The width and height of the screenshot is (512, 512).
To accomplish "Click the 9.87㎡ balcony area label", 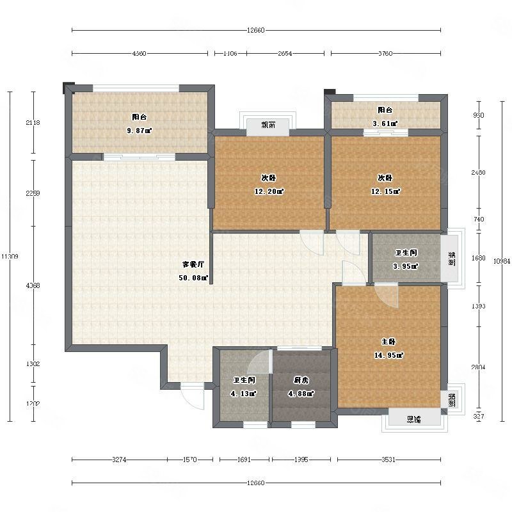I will [x=140, y=131].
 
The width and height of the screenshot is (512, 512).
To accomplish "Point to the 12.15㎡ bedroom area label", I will [x=388, y=191].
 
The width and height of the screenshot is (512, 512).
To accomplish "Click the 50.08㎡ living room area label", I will [x=194, y=278].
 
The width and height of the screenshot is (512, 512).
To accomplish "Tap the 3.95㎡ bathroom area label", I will [x=406, y=266].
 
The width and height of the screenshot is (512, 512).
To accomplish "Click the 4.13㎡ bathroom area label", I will [x=244, y=394].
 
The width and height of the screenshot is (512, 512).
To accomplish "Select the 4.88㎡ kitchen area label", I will [x=301, y=394].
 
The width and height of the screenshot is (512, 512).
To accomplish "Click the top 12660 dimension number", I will [x=255, y=30].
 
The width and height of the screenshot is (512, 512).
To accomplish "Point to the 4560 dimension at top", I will [x=140, y=53].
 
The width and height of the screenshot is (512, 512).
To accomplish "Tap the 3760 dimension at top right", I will [x=385, y=53].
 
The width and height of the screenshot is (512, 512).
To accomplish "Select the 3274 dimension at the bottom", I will [x=120, y=460].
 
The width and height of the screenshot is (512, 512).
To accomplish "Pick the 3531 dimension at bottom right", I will [x=388, y=460].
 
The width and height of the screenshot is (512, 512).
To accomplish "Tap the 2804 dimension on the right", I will [x=478, y=367].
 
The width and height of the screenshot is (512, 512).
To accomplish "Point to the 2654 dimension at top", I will [x=285, y=53].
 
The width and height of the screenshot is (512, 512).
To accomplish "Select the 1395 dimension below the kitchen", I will [x=301, y=460].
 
